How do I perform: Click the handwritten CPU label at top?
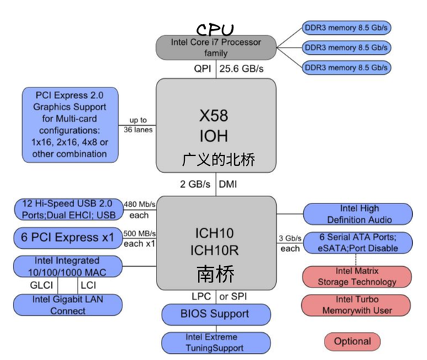215,31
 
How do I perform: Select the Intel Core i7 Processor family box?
216,48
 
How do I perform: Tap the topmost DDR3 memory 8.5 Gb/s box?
347,30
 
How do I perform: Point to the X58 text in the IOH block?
215,115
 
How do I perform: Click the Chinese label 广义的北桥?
218,160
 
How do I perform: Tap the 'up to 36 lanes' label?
139,125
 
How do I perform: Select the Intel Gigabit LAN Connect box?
68,305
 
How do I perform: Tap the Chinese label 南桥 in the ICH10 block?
215,274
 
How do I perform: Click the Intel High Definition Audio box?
358,214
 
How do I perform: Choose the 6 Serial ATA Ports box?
358,243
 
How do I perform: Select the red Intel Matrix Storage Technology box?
358,276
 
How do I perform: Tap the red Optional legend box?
352,341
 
